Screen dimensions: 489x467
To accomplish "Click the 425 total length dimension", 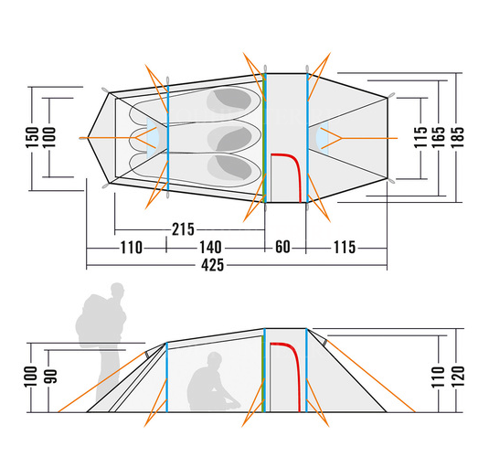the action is point(212,266).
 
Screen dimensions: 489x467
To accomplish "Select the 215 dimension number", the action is point(183,229).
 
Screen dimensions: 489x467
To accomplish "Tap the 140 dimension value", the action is point(210,248).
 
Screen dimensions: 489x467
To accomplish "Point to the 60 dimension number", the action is point(282,247).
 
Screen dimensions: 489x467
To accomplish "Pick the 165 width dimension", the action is point(439,137).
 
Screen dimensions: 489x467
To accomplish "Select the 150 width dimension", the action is point(32,137).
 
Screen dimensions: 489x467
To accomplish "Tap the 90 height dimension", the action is point(51,377).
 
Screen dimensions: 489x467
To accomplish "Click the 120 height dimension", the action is point(458,377).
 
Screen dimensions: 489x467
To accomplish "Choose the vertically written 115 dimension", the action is point(420,137).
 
